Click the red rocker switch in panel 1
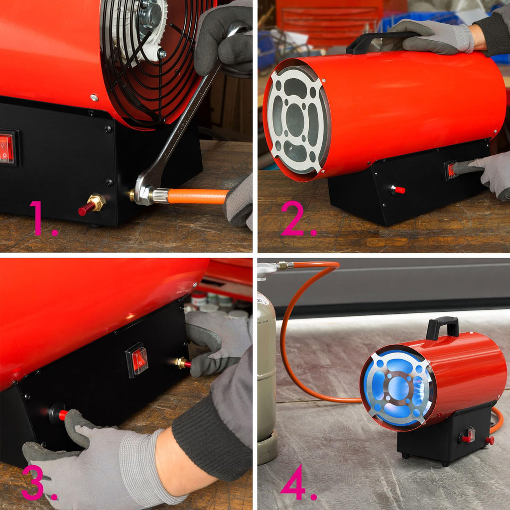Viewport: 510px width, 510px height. pyautogui.click(x=7, y=147)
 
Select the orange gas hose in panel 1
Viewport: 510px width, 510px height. pyautogui.click(x=197, y=196)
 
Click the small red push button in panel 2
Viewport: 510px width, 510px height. pyautogui.click(x=398, y=190)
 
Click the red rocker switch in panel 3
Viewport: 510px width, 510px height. pyautogui.click(x=138, y=360)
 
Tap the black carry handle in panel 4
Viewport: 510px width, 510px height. pyautogui.click(x=442, y=327)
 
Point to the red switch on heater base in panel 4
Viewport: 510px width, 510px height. pyautogui.click(x=469, y=435)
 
